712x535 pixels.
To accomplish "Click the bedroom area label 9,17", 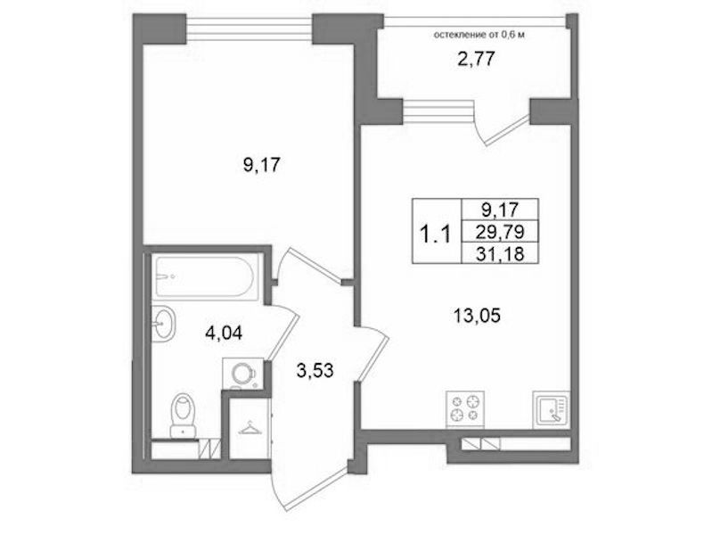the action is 262,165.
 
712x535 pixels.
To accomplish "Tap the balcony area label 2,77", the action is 476,60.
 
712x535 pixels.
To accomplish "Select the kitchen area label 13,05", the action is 477,315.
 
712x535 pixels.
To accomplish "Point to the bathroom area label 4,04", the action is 224,333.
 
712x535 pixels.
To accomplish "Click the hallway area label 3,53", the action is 315,370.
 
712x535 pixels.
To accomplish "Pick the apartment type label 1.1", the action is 435,235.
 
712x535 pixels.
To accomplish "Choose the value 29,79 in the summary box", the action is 500,232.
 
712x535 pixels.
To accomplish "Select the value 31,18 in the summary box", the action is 500,253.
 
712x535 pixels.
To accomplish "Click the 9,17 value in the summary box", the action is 500,210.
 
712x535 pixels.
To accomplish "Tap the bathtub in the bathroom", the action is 204,276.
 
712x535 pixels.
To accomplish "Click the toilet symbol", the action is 183,416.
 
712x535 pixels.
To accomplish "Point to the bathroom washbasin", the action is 162,323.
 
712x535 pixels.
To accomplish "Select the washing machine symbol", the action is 243,374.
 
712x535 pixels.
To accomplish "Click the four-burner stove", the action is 465,409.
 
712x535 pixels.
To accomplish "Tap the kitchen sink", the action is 552,409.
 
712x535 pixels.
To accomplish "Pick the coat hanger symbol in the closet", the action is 249,429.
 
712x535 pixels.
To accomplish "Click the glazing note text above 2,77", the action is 479,35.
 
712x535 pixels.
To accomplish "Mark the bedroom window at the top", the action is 250,29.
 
